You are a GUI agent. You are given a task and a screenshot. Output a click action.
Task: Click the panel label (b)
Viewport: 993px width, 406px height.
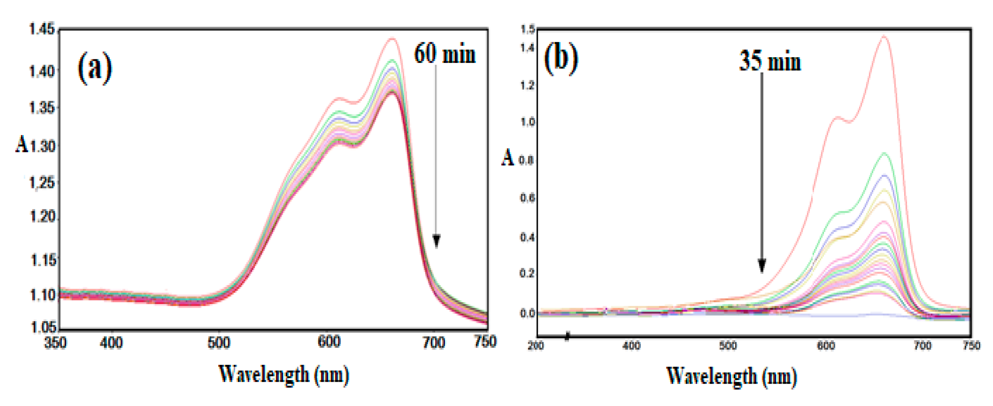point(561,59)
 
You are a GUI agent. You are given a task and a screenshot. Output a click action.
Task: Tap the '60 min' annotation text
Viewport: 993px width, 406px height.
point(444,54)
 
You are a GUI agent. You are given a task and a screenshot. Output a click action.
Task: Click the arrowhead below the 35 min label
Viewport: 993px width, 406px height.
point(762,265)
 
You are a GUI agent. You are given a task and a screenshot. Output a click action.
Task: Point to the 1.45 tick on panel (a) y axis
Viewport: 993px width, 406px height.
point(42,29)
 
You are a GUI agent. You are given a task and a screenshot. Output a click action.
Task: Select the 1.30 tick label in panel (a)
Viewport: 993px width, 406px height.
point(42,146)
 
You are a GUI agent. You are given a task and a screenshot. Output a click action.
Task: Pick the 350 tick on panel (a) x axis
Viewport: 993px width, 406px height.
point(55,343)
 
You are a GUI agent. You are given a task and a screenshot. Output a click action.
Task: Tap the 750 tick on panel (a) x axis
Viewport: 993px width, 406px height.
point(485,342)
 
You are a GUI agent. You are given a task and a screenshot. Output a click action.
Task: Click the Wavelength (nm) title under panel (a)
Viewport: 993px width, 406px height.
point(284,374)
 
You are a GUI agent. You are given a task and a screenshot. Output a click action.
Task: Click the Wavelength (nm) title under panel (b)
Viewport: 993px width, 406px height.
point(731,376)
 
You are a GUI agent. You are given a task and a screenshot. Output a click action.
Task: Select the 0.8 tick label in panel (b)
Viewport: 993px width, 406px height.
point(527,160)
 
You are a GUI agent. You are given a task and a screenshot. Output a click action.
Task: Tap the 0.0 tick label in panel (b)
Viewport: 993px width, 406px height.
point(527,313)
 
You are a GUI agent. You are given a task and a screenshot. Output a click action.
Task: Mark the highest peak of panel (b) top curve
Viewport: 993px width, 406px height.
point(884,37)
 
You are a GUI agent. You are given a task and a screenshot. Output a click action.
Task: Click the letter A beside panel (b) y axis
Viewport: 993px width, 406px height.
point(508,158)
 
